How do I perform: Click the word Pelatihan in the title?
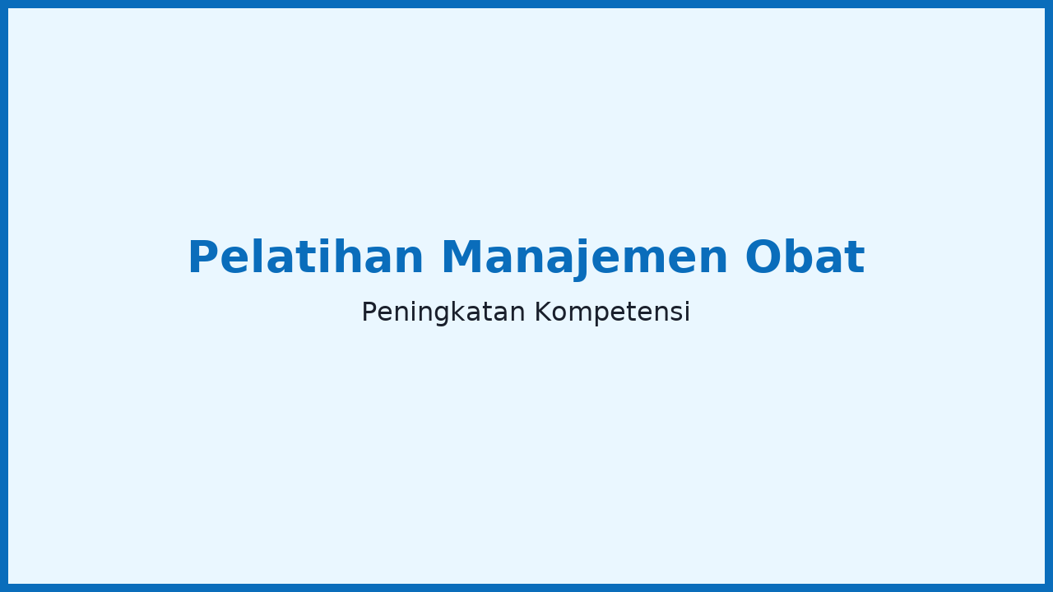[x=306, y=257]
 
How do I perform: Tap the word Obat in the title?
[x=805, y=257]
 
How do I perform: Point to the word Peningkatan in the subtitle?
[x=443, y=312]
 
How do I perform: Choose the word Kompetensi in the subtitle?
[x=613, y=312]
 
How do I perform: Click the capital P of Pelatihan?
[x=202, y=257]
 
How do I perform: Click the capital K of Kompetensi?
[x=545, y=312]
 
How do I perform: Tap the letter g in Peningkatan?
[x=443, y=315]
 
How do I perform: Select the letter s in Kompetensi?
[x=676, y=314]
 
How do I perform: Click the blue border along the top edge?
[x=526, y=4]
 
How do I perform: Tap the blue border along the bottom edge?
[x=526, y=588]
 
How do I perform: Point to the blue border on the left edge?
[x=4, y=296]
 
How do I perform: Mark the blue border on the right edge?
[x=1049, y=296]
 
